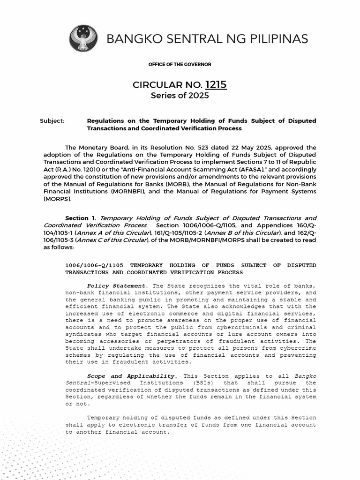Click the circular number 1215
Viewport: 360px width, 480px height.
216,85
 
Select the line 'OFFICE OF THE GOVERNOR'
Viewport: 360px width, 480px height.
180,64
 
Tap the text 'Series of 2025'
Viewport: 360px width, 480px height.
180,96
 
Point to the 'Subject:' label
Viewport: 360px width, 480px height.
52,121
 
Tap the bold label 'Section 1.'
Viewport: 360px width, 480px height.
81,218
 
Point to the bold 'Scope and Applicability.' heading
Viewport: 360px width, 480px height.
132,376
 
